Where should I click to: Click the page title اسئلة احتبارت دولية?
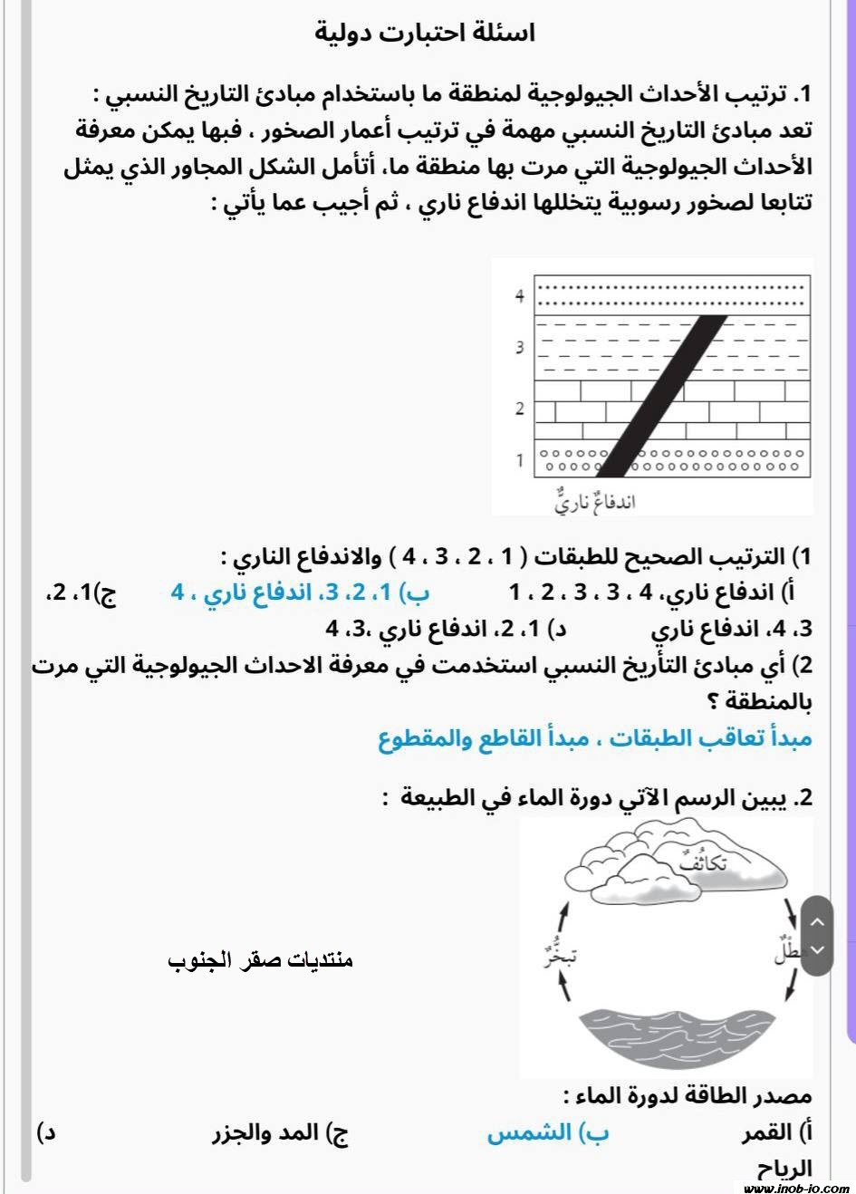coord(425,33)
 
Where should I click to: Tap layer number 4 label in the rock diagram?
coord(519,296)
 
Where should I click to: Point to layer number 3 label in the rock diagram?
coord(519,347)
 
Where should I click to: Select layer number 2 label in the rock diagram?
coord(519,409)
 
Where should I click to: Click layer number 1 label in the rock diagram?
coord(519,460)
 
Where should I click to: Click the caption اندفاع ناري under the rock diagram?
coord(594,501)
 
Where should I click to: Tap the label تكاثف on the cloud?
coord(702,862)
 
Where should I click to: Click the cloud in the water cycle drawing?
coord(670,865)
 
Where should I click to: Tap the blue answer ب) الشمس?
coord(548,1132)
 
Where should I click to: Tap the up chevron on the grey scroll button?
coord(817,922)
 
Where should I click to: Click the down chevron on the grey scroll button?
coord(817,949)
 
